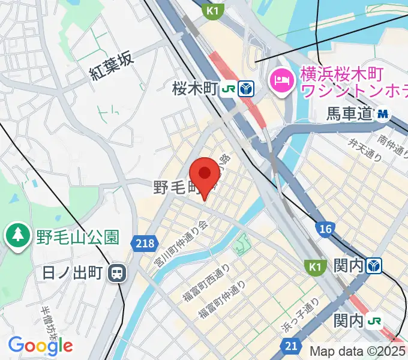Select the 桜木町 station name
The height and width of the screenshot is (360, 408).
(x=194, y=89)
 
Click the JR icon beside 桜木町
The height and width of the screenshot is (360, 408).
(x=228, y=90)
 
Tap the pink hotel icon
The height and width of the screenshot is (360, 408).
(x=280, y=78)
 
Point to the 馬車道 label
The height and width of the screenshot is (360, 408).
(x=350, y=113)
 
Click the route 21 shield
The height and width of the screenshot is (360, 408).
(x=290, y=346)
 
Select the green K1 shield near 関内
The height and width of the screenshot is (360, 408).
(x=315, y=265)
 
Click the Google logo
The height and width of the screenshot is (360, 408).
(x=40, y=345)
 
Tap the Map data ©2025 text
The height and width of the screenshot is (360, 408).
(x=358, y=351)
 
